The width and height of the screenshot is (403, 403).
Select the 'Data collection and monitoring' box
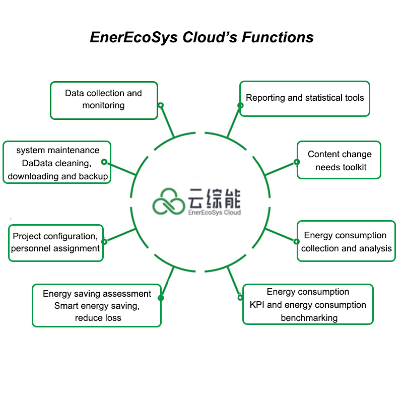click(x=104, y=100)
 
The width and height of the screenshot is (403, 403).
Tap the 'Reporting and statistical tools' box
click(x=304, y=98)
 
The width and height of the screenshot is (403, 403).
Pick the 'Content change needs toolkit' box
click(x=339, y=160)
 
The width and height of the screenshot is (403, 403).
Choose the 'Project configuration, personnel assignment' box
click(x=55, y=242)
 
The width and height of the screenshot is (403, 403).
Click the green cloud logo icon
click(x=169, y=202)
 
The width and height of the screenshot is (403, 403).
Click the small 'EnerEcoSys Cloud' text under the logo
click(x=214, y=213)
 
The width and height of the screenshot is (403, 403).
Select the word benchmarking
click(x=309, y=318)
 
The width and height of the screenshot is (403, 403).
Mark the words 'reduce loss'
click(x=98, y=318)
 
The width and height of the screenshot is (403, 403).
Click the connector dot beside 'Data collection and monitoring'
click(x=160, y=105)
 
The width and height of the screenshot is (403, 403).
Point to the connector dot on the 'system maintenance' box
click(x=104, y=162)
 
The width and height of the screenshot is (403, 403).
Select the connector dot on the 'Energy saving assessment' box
click(x=161, y=298)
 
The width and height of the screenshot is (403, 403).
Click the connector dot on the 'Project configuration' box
click(x=104, y=241)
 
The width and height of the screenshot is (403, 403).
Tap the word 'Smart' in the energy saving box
click(x=65, y=306)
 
